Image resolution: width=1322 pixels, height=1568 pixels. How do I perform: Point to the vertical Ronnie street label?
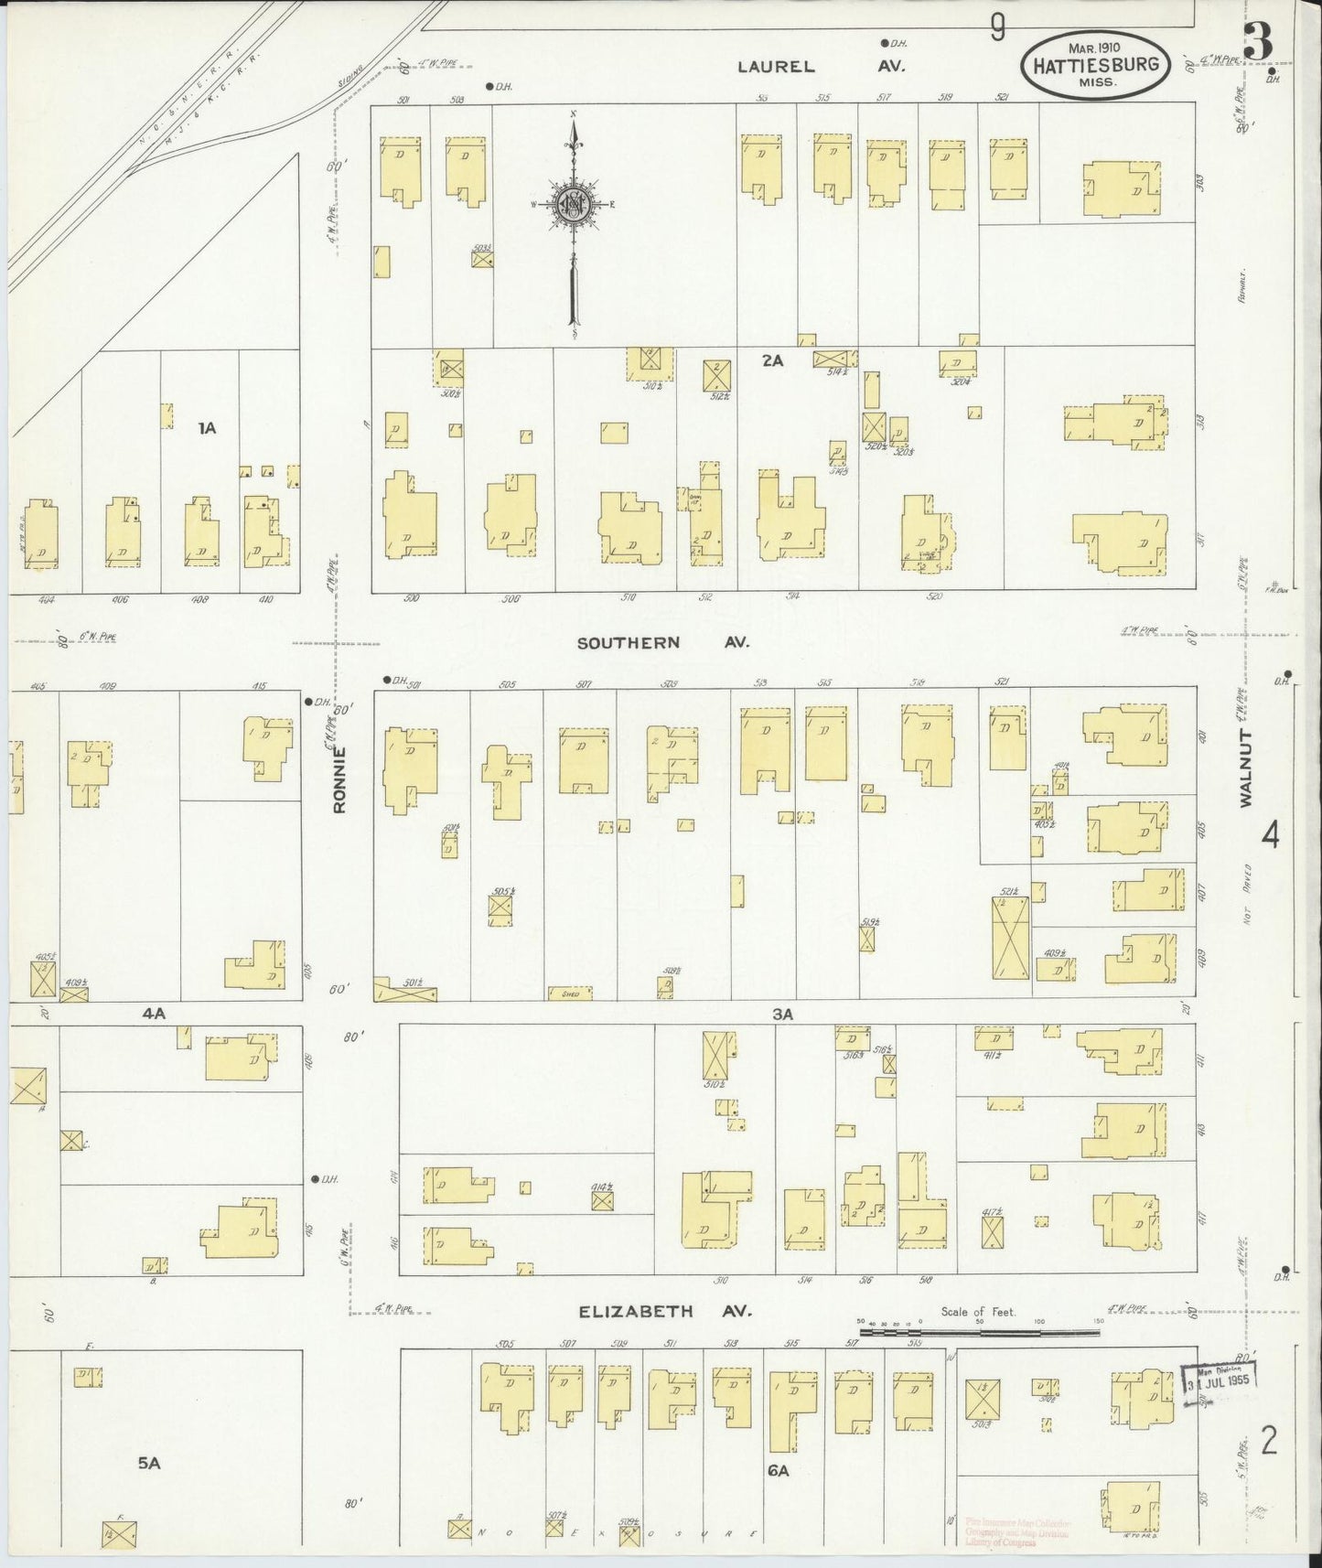click(x=339, y=780)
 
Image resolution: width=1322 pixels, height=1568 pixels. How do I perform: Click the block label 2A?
click(x=772, y=360)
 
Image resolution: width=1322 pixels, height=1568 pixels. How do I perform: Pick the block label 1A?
click(x=208, y=427)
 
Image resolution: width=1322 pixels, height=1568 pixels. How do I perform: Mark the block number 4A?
click(x=153, y=1013)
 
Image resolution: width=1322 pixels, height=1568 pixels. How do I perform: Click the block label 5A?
click(x=149, y=1463)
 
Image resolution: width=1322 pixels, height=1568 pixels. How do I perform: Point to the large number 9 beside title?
click(x=997, y=30)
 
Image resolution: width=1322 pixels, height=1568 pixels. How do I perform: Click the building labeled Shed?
click(x=570, y=993)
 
